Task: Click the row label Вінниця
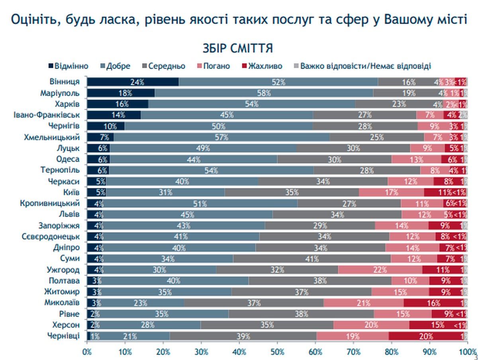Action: pyautogui.click(x=65, y=82)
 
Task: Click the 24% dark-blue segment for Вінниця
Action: pyautogui.click(x=133, y=82)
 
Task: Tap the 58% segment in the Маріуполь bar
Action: pyautogui.click(x=264, y=93)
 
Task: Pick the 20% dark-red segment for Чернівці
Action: pyautogui.click(x=426, y=336)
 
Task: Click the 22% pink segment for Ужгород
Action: pyautogui.click(x=380, y=270)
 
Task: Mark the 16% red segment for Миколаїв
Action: pyautogui.click(x=433, y=303)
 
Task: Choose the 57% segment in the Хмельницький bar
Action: pyautogui.click(x=221, y=137)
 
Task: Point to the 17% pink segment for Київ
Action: pyautogui.click(x=391, y=192)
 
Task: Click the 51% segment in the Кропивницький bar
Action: pyautogui.click(x=202, y=203)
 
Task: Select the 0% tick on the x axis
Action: pyautogui.click(x=87, y=352)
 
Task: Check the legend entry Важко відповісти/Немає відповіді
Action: pyautogui.click(x=365, y=66)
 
